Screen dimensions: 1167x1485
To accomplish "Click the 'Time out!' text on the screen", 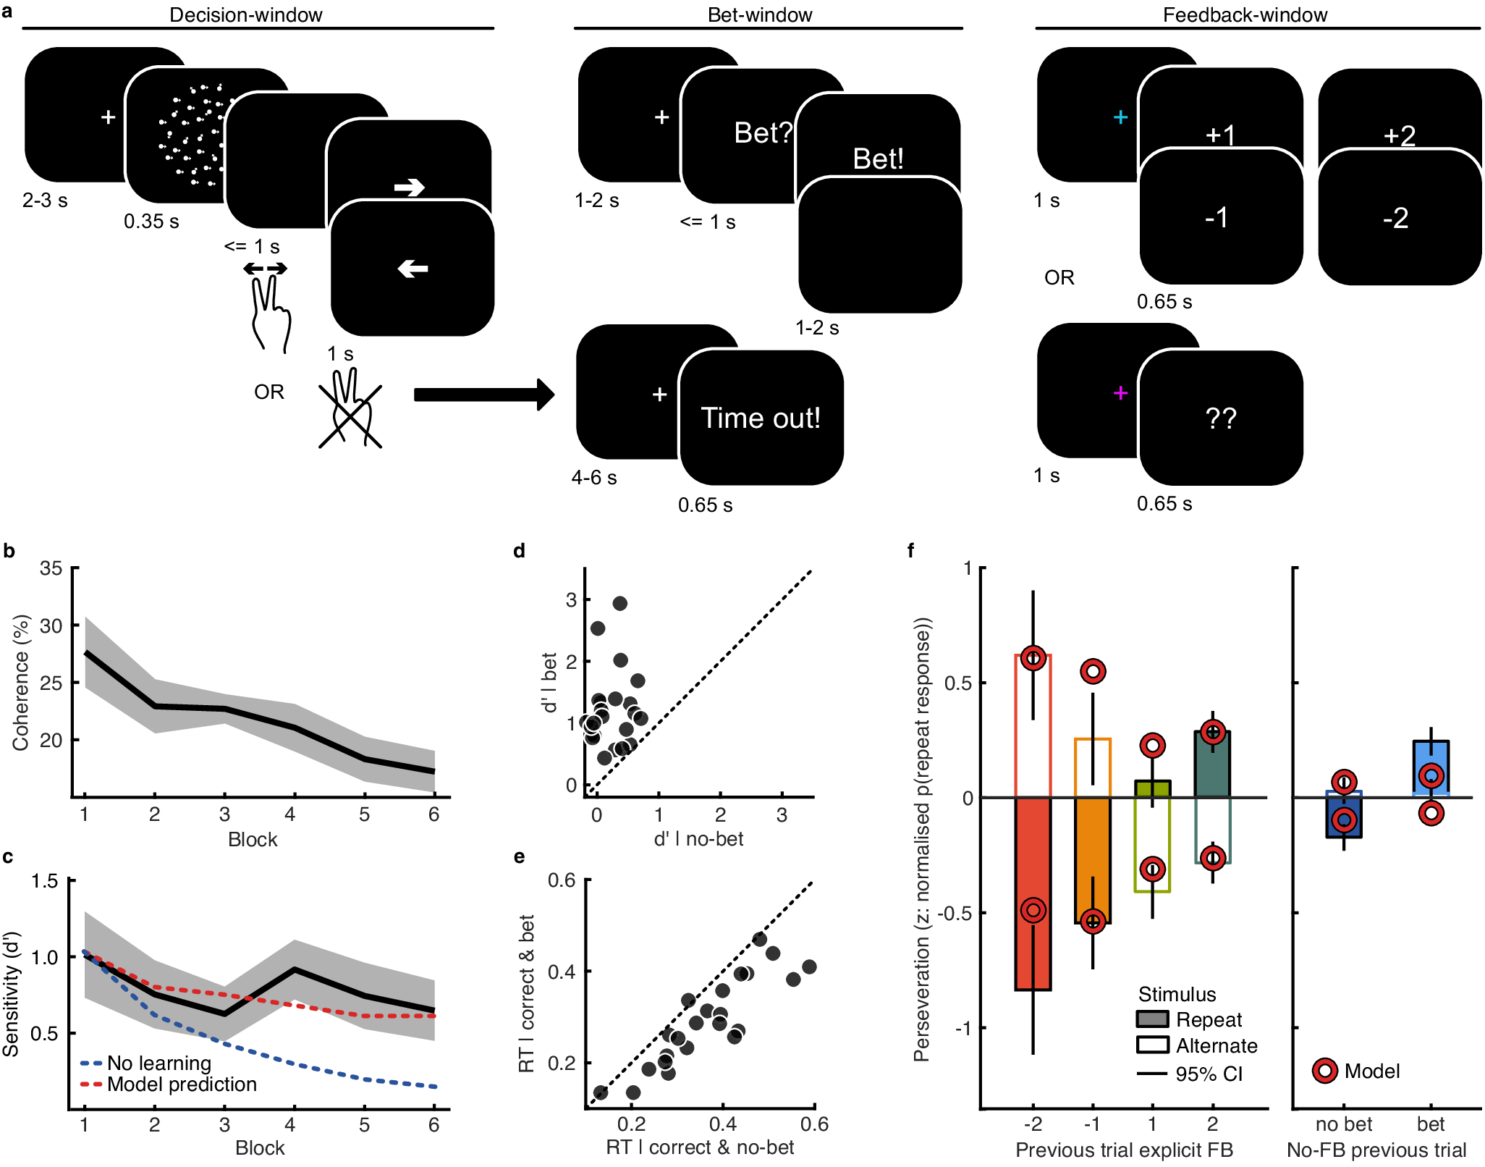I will coord(761,418).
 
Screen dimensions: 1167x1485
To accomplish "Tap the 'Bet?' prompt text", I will coord(763,133).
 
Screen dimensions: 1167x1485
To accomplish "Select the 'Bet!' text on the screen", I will coord(878,159).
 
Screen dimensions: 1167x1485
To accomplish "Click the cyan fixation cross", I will coord(1120,117).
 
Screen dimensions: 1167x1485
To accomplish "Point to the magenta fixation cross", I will coord(1120,393).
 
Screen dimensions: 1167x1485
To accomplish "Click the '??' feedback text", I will coord(1221,418).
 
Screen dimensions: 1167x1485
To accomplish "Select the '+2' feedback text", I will coord(1399,135).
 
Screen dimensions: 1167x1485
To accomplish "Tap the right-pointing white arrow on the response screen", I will coord(409,188).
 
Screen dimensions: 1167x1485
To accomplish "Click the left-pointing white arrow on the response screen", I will coord(412,269).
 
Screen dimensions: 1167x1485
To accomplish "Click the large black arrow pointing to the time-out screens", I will coord(483,395).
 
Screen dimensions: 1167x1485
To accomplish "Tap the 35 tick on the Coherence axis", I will coord(51,568).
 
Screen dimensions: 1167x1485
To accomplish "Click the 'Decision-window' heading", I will coord(245,14).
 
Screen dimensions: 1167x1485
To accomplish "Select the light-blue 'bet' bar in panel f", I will coord(1431,767).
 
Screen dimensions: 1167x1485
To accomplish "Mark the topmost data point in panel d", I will coord(619,603).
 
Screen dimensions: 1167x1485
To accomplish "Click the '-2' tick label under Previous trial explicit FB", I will coord(1033,1124).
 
